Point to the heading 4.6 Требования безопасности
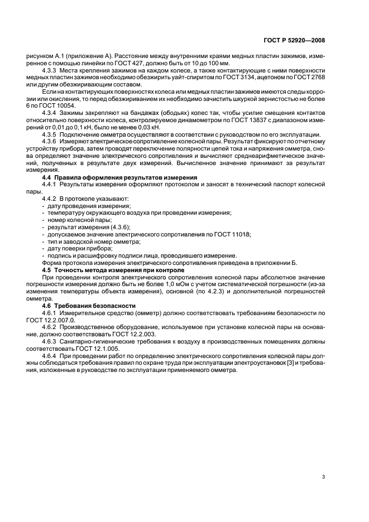coord(89,306)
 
